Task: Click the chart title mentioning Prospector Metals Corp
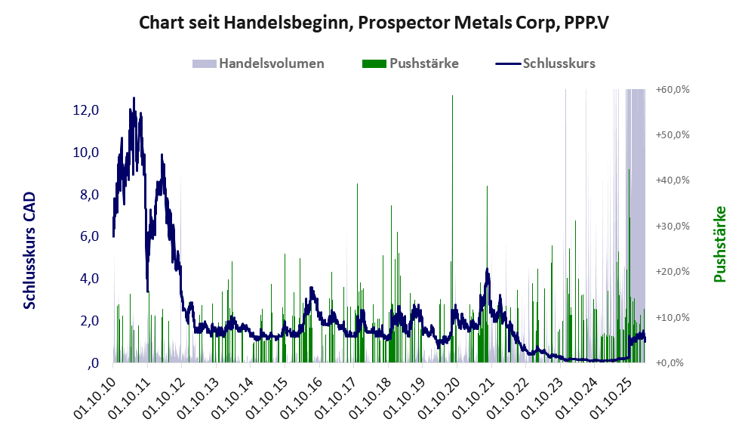point(374,23)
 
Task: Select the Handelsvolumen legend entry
point(258,63)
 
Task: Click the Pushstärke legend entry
point(411,63)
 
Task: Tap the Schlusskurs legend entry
point(545,63)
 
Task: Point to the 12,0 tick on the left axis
point(86,110)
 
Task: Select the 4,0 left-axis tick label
point(89,279)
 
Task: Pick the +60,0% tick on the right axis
point(673,90)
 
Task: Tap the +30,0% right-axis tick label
point(673,227)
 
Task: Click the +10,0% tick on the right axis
point(673,317)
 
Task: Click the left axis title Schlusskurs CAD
point(29,250)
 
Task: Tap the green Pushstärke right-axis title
point(720,244)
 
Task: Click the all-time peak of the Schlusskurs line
point(134,98)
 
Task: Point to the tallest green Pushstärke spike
point(452,95)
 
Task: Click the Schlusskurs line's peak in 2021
point(487,270)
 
